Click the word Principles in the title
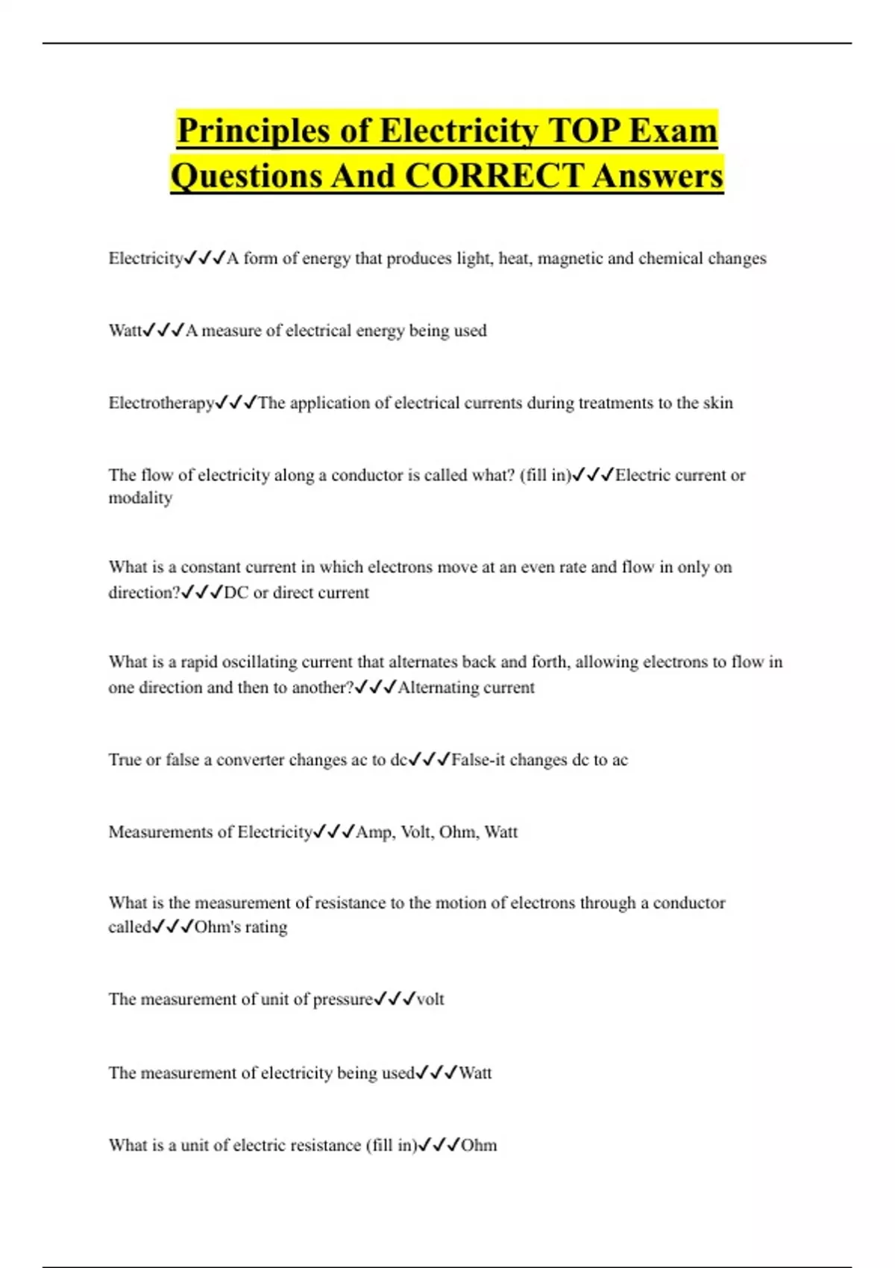click(254, 131)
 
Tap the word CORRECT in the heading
click(493, 176)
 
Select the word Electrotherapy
click(161, 403)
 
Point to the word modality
click(140, 498)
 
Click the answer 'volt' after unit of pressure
click(430, 999)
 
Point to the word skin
click(717, 403)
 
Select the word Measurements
click(160, 832)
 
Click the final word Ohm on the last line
click(479, 1145)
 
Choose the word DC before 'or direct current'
click(236, 592)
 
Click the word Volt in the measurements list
click(416, 832)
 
